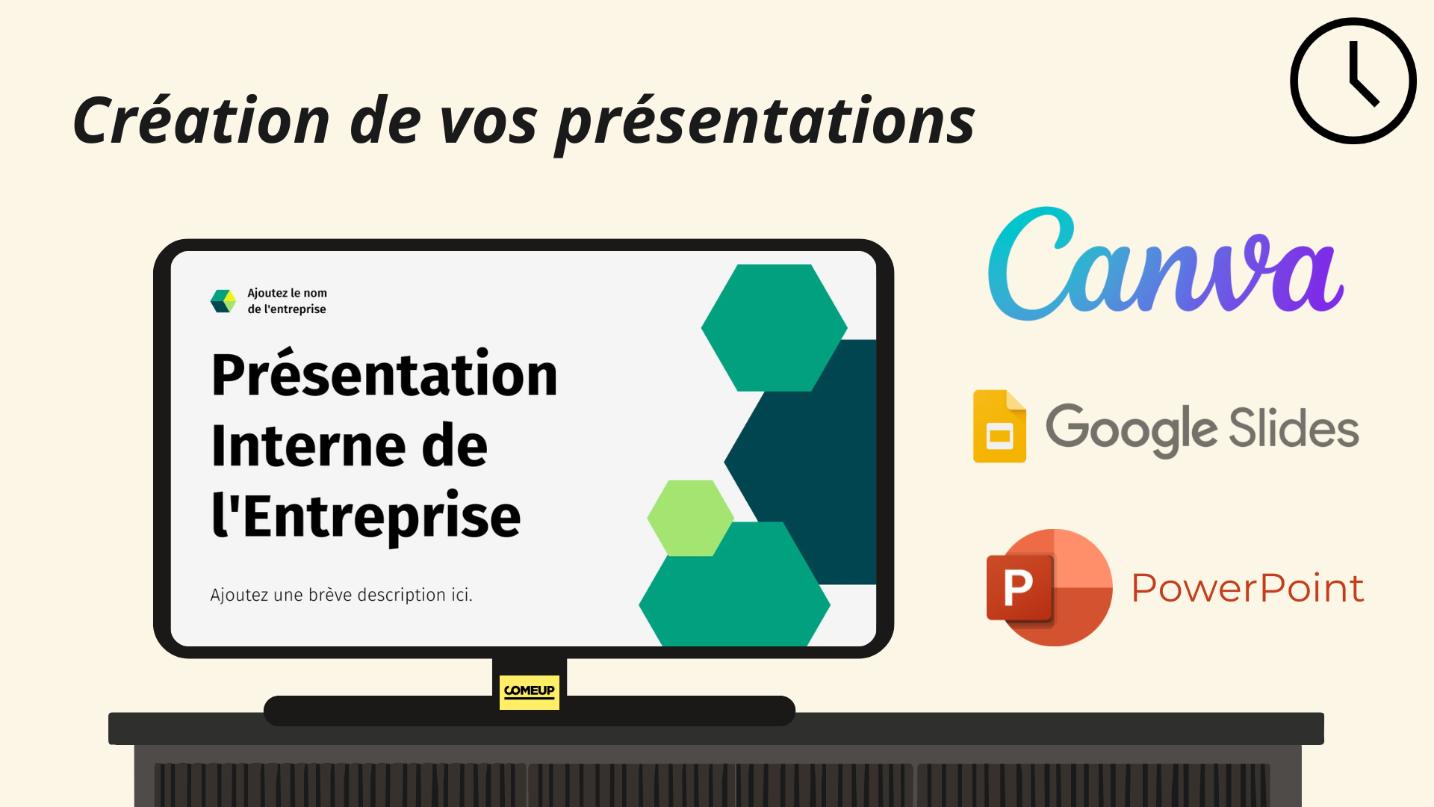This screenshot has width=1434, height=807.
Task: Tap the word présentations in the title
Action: pyautogui.click(x=766, y=124)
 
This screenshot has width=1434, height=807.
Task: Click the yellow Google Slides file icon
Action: pyautogui.click(x=999, y=426)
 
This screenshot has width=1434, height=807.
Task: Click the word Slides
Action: pyautogui.click(x=1294, y=427)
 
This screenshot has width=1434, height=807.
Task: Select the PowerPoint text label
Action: pyautogui.click(x=1247, y=588)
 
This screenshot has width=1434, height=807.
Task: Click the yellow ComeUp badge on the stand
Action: pyautogui.click(x=530, y=692)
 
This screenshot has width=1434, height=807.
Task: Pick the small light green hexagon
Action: pyautogui.click(x=690, y=518)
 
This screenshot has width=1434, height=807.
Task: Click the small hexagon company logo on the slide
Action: pyautogui.click(x=223, y=301)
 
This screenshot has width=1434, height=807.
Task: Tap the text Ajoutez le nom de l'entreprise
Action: pyautogui.click(x=287, y=301)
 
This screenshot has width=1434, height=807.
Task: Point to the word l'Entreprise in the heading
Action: pyautogui.click(x=366, y=516)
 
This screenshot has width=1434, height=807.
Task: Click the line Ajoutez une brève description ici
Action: pyautogui.click(x=341, y=595)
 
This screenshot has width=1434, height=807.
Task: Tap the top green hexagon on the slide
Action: pyautogui.click(x=774, y=328)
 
